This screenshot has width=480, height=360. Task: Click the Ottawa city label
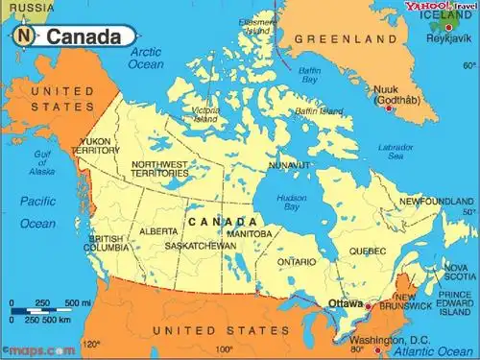tap(346, 303)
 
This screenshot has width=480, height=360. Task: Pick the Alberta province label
tap(157, 231)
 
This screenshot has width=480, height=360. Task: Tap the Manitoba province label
tap(250, 233)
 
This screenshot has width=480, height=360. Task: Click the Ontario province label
tap(297, 261)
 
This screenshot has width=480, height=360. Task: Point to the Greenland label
tap(346, 38)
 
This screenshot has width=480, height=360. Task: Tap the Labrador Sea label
tap(396, 150)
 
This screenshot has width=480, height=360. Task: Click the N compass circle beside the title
tap(25, 36)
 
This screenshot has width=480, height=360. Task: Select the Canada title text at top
tap(84, 37)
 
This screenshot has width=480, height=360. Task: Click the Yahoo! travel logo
tap(440, 8)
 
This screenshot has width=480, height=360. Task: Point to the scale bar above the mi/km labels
tap(38, 311)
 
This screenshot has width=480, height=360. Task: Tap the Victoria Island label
tap(204, 116)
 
